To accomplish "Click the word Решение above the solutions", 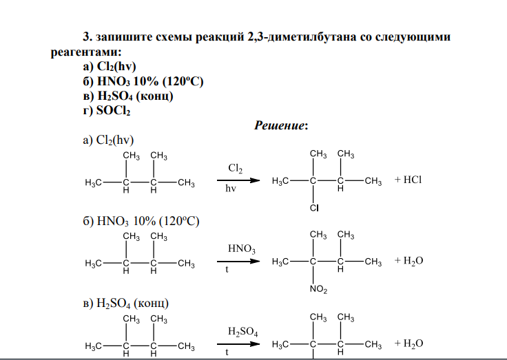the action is coord(280,125).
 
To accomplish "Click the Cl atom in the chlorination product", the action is coord(314,208).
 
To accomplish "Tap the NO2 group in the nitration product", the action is coord(318,289).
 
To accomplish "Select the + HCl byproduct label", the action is coord(408,180).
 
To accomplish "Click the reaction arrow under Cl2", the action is coord(238,180).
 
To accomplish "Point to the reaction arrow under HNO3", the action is coord(238,261).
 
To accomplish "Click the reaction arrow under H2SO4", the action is coord(238,344).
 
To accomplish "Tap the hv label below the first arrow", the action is coord(231,189).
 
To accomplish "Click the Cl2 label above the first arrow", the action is coord(235,169).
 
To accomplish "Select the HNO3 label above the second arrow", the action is coord(242,248).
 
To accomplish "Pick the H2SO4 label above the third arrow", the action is coord(243,332).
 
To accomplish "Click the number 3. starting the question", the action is coord(87,37).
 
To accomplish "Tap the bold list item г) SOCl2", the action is coord(107,111).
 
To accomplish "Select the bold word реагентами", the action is coord(86,52).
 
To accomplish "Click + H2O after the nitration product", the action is coord(408,261).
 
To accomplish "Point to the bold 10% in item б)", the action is coord(145,81).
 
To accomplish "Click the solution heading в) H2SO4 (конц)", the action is coord(126,304).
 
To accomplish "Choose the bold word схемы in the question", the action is coord(174,37).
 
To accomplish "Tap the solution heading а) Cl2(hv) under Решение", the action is coord(108,140).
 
